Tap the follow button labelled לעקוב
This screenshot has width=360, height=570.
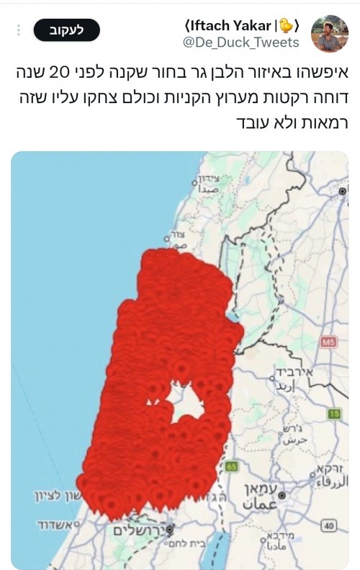(67, 30)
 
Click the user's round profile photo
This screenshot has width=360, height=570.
(330, 33)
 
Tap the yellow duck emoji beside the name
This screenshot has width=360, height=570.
(286, 25)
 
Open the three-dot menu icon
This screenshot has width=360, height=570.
(19, 30)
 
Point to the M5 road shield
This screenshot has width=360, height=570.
(329, 341)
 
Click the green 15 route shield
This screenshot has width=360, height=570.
(333, 414)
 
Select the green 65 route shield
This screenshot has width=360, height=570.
(231, 466)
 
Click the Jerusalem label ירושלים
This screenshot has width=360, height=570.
(138, 530)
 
